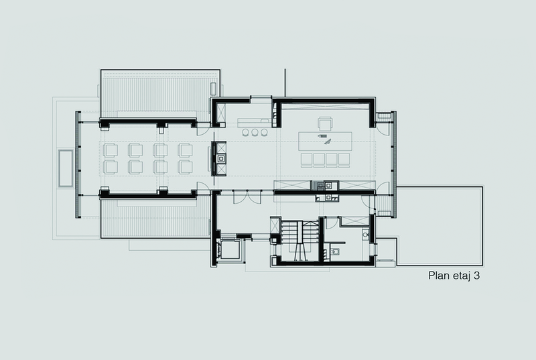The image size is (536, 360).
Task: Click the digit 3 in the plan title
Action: click(476, 276)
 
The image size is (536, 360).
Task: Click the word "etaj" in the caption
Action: click(461, 276)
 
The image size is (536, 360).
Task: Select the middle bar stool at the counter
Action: click(255, 132)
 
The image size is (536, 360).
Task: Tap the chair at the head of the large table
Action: click(325, 123)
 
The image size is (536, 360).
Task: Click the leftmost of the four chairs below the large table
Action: click(307, 160)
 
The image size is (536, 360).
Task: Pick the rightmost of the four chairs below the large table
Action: click(344, 160)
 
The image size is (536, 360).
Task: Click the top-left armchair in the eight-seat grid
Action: click(111, 150)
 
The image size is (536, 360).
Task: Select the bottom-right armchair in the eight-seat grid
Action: click(185, 167)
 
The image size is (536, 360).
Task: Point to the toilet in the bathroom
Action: click(335, 252)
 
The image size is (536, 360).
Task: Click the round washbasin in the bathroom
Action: click(365, 235)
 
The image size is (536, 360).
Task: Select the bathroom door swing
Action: click(329, 223)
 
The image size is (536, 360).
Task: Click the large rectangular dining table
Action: click(325, 141)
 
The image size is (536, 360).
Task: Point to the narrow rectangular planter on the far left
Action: click(66, 168)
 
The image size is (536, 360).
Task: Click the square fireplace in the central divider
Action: click(221, 158)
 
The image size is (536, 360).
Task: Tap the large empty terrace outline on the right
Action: click(440, 226)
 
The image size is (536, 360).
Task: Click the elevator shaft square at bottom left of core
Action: click(230, 250)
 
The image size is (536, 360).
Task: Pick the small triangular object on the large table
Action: click(328, 142)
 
